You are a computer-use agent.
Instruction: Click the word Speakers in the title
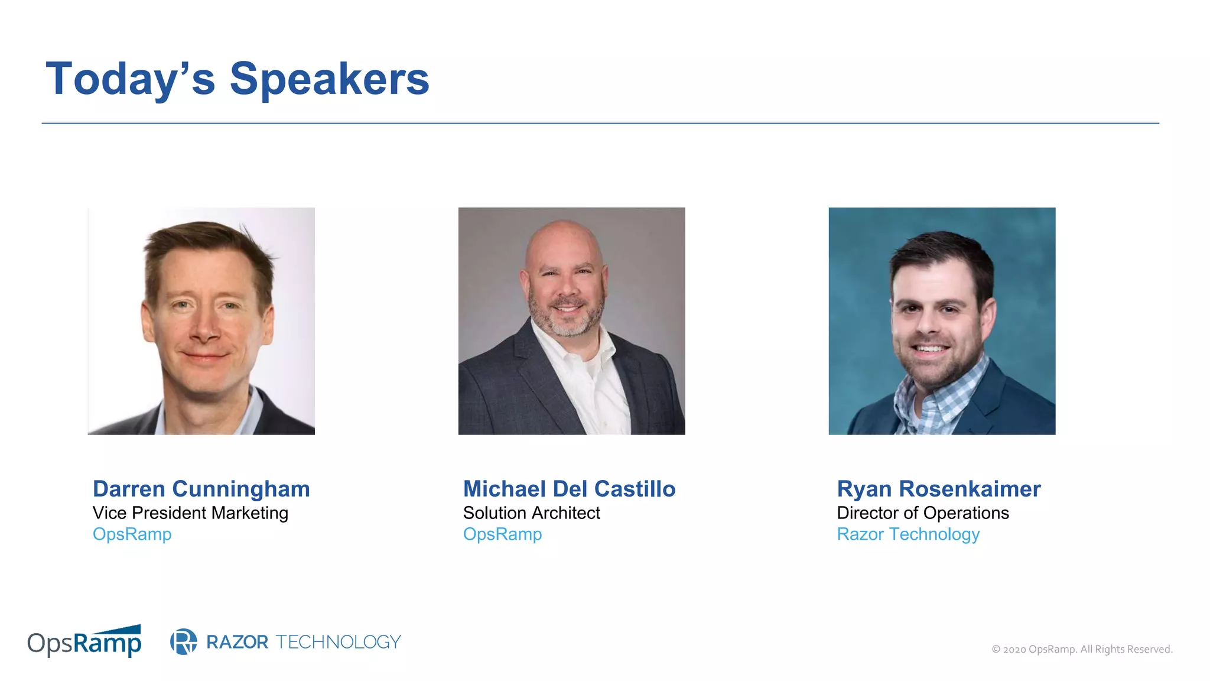coord(329,79)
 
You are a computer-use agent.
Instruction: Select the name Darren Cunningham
coord(201,489)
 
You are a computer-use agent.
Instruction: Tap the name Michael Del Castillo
coord(569,489)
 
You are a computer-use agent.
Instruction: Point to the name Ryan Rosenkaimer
coord(938,489)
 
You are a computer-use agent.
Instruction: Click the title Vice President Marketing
coord(190,513)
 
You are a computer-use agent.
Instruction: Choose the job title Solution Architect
coord(531,513)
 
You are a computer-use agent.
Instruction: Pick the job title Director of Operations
coord(923,513)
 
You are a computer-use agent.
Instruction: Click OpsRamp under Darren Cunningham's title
coord(132,534)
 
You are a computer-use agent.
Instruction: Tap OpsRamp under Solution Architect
coord(502,534)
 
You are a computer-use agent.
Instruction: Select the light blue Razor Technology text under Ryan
coord(908,534)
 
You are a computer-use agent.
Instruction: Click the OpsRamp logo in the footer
coord(84,641)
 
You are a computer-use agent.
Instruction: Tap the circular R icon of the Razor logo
coord(184,641)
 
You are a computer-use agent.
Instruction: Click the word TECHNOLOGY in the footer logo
coord(338,641)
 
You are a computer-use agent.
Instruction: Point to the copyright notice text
coord(1082,649)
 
